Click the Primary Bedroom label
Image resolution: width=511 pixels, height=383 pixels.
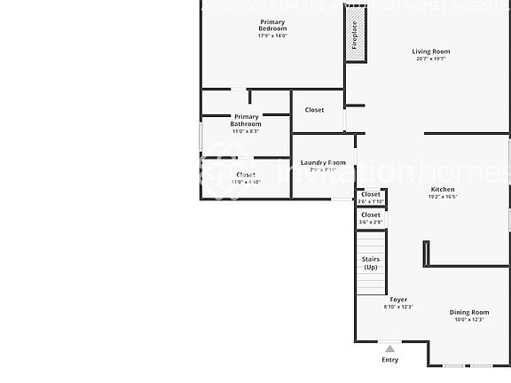point(272,25)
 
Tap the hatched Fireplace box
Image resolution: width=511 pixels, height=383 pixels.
point(355,35)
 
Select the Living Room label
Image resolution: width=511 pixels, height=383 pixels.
point(431,51)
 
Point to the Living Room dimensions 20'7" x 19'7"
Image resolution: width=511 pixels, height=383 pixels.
point(431,59)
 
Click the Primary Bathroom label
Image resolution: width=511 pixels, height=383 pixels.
point(246,120)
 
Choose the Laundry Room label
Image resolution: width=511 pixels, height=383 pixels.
point(323,162)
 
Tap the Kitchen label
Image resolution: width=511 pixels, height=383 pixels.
point(443,189)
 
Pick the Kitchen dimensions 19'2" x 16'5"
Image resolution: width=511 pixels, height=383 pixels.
point(443,197)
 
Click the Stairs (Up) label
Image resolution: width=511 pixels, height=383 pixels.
point(371,262)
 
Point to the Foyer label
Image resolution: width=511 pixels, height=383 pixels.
point(398,300)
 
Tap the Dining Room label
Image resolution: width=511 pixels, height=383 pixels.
point(469,312)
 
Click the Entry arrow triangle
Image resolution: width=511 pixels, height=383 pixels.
point(389,348)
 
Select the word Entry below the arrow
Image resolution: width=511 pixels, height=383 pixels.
point(389,360)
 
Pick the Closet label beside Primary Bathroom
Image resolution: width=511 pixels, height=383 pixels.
point(314,110)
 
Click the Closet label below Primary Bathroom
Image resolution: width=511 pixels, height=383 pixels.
point(246,175)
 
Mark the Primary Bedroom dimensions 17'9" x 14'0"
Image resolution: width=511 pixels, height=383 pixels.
point(272,35)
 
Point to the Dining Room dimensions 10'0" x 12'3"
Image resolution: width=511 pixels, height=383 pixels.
point(469,320)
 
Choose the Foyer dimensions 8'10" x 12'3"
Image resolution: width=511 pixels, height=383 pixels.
point(398,308)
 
